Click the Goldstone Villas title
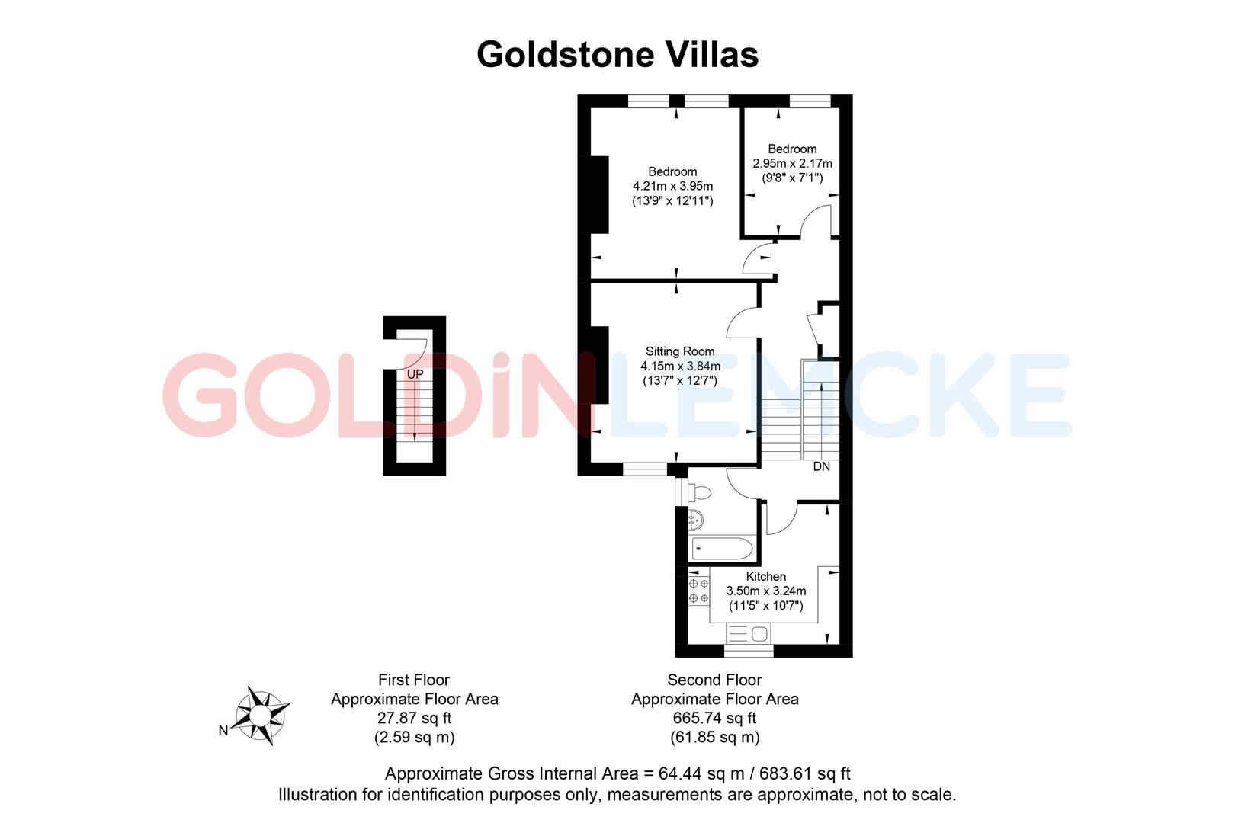[x=617, y=55]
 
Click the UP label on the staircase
[x=415, y=374]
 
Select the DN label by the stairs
[x=821, y=466]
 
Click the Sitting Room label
[x=680, y=351]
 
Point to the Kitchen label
[x=765, y=576]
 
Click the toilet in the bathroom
[x=699, y=492]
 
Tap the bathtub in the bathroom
[x=721, y=548]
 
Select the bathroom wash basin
[x=694, y=521]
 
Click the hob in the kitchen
[x=698, y=591]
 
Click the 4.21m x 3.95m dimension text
[x=673, y=186]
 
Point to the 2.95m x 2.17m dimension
[x=792, y=163]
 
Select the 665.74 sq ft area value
[x=714, y=718]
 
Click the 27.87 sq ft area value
[x=414, y=718]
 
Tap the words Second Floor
[x=714, y=680]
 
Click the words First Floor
[x=414, y=680]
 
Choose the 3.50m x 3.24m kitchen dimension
[x=765, y=591]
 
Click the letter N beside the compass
[x=223, y=731]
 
